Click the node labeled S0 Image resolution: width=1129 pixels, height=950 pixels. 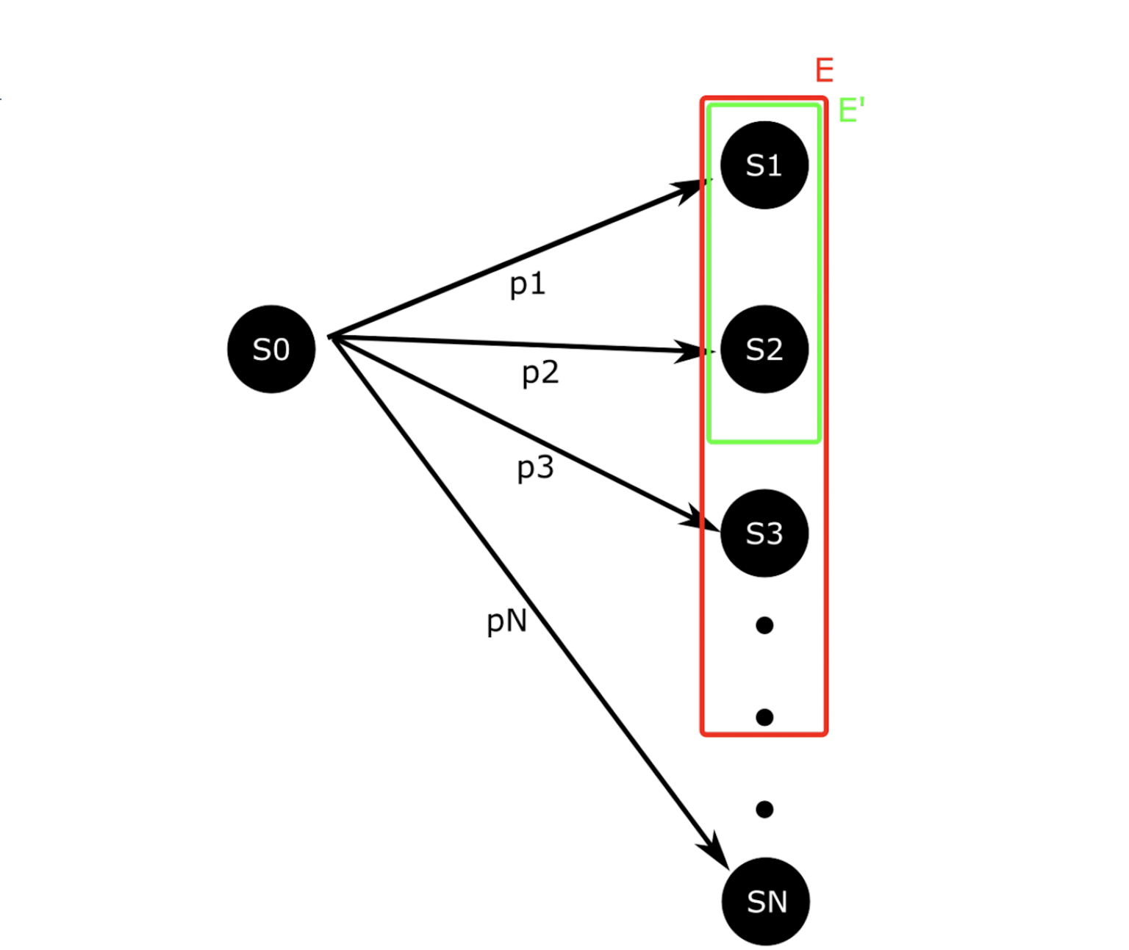pyautogui.click(x=271, y=349)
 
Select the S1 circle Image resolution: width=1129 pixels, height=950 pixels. pyautogui.click(x=764, y=165)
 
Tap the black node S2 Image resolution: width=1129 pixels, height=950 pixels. pyautogui.click(x=764, y=349)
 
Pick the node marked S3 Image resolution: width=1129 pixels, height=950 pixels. pyautogui.click(x=764, y=533)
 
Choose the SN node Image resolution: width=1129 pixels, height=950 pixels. pyautogui.click(x=766, y=902)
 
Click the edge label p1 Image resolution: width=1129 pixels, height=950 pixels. pyautogui.click(x=528, y=284)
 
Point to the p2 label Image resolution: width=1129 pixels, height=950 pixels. pyautogui.click(x=540, y=373)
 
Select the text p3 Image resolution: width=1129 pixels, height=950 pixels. pyautogui.click(x=535, y=468)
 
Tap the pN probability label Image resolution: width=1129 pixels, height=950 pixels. pyautogui.click(x=507, y=622)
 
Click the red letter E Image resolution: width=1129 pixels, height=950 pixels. pyautogui.click(x=824, y=71)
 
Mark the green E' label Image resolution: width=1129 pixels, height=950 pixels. pyautogui.click(x=851, y=111)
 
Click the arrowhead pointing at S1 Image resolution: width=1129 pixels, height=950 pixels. pyautogui.click(x=694, y=188)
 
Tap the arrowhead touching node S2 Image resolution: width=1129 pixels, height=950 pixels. pyautogui.click(x=695, y=351)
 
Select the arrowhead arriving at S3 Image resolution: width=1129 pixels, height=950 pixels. pyautogui.click(x=702, y=517)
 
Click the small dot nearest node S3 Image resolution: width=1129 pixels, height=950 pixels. pyautogui.click(x=764, y=625)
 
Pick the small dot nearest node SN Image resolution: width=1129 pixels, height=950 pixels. pyautogui.click(x=764, y=809)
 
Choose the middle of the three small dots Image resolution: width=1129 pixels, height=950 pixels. pyautogui.click(x=764, y=717)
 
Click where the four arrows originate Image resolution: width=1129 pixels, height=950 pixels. pyautogui.click(x=331, y=337)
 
